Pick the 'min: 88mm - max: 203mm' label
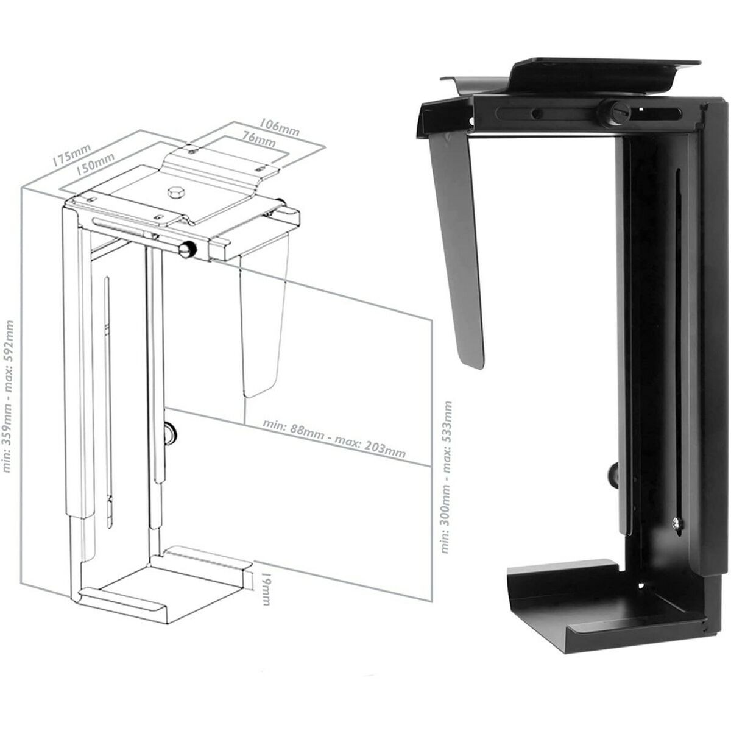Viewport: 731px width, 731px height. tap(334, 437)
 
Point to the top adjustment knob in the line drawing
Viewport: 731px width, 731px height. tap(187, 250)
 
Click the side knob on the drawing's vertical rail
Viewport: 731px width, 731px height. tap(171, 434)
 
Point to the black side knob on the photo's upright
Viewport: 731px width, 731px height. tap(612, 475)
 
